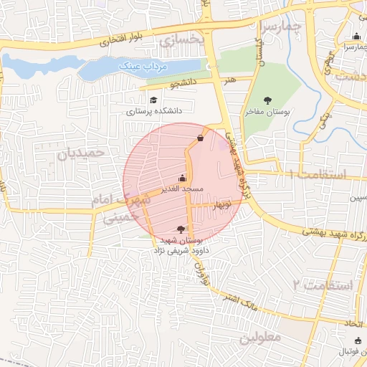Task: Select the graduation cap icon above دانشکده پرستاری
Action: coord(152,100)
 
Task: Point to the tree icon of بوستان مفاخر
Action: coord(268,100)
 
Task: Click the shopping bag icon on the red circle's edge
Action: coord(199,138)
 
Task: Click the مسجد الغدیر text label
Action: coord(183,189)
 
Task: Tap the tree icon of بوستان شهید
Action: coord(179,229)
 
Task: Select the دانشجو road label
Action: coord(182,83)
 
